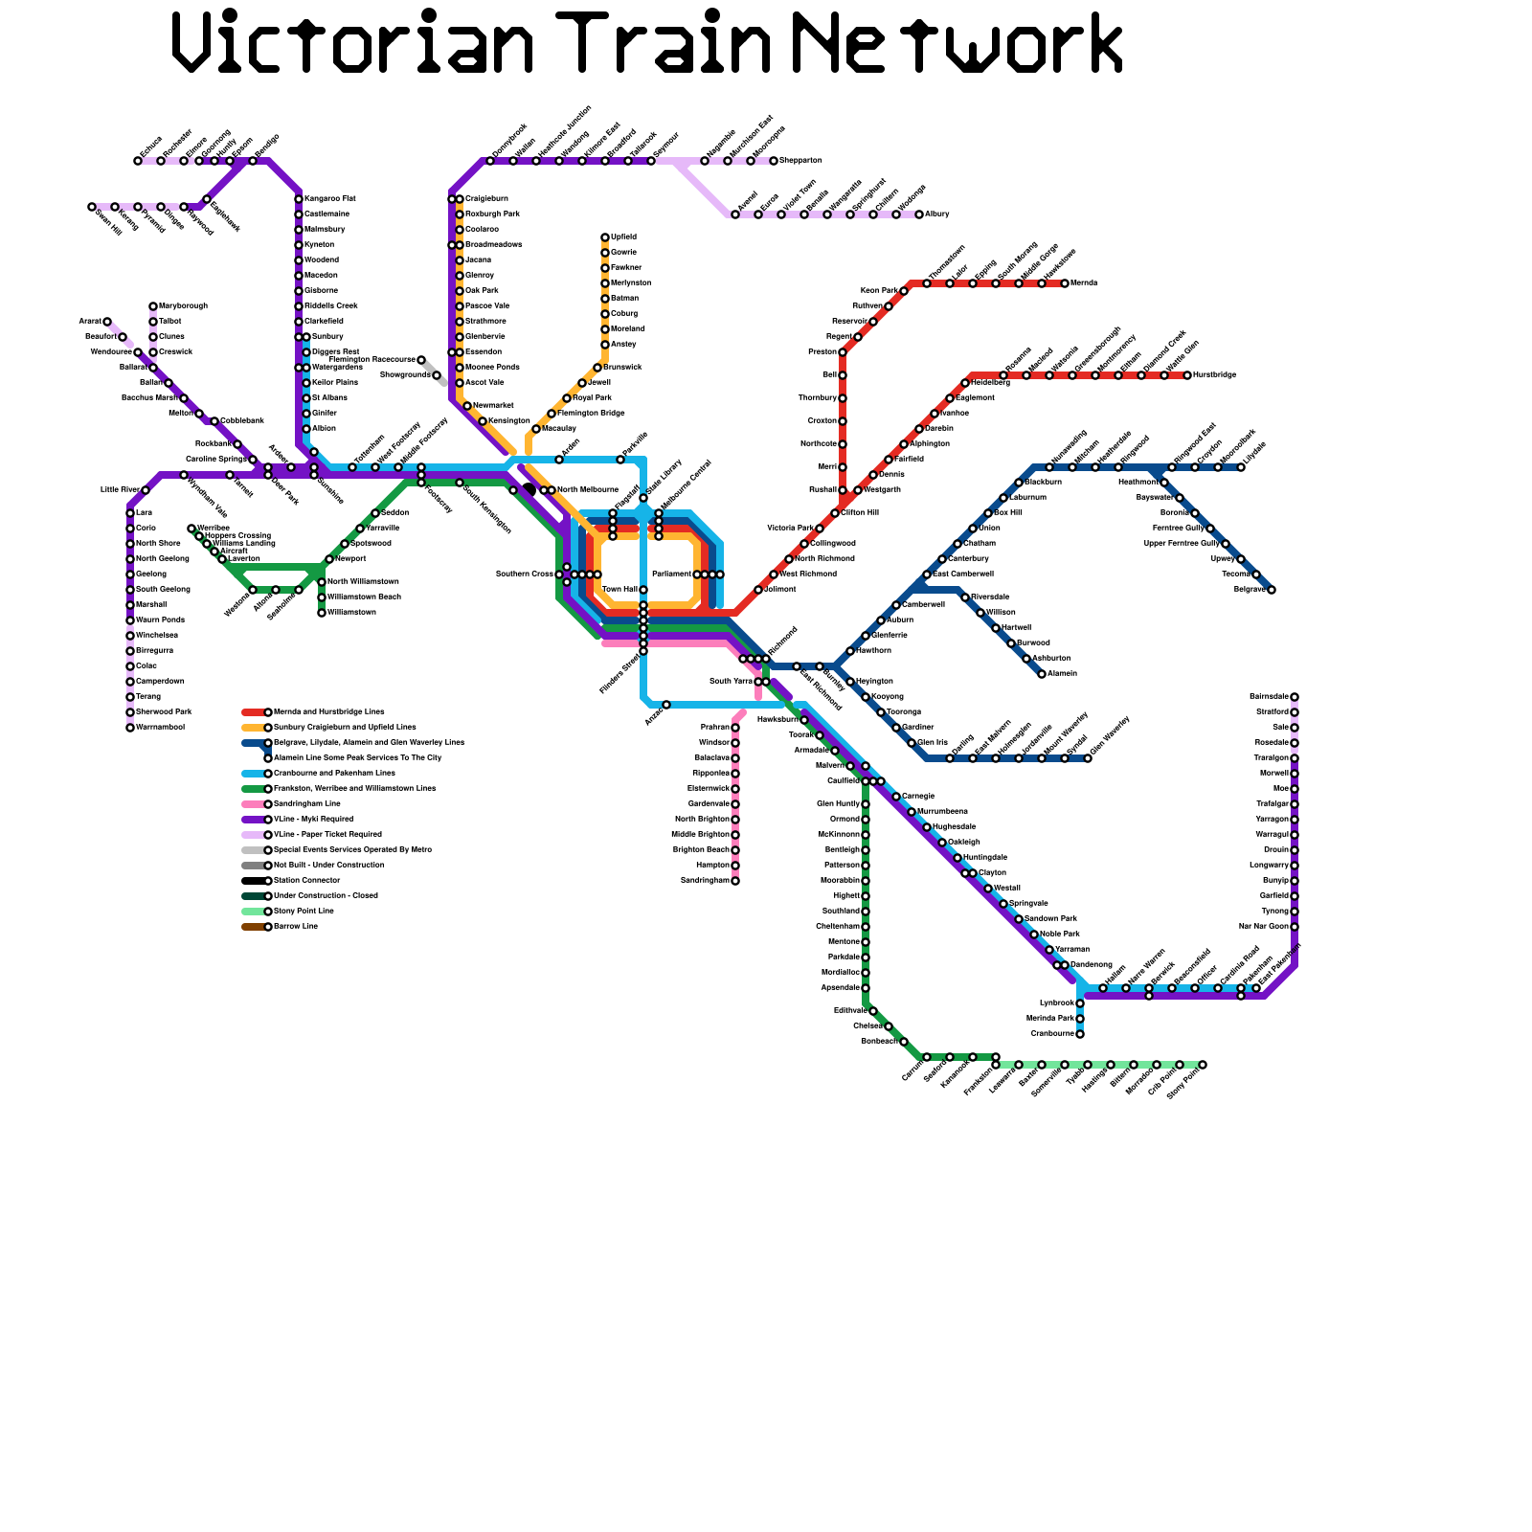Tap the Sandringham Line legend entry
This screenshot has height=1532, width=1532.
click(306, 804)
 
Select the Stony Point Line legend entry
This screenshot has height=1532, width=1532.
click(304, 912)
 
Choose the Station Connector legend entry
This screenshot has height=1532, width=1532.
click(306, 881)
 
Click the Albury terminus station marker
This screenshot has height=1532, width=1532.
click(919, 214)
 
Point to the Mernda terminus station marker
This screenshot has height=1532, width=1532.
click(1065, 283)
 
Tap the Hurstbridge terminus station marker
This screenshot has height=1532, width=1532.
click(1187, 375)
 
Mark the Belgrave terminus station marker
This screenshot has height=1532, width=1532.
click(1272, 590)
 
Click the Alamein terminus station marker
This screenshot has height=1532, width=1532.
click(1042, 674)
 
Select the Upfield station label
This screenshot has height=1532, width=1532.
click(623, 237)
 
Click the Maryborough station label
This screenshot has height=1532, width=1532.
click(183, 306)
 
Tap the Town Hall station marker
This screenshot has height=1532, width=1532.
click(643, 590)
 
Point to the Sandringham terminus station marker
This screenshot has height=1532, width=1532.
click(735, 881)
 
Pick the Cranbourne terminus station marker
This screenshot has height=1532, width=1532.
click(1080, 1034)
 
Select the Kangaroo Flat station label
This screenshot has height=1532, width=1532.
click(329, 198)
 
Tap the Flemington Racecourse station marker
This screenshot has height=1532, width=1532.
click(421, 360)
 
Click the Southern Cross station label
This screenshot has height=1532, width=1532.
click(524, 574)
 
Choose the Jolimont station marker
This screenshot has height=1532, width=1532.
click(758, 590)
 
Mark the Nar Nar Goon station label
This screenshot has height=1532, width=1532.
click(1263, 927)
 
